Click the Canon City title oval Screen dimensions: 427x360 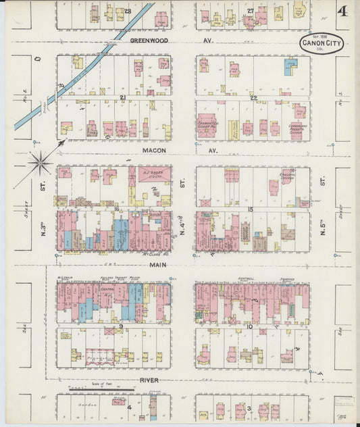tap(322, 45)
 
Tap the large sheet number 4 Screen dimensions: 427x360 tap(343, 11)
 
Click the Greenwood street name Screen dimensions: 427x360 tap(149, 41)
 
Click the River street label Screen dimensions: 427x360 tap(149, 380)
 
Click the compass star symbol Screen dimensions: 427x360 tap(40, 161)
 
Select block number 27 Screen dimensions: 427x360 tap(250, 11)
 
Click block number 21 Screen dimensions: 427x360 tap(123, 98)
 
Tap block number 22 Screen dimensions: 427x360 tap(253, 98)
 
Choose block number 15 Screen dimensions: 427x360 tap(251, 210)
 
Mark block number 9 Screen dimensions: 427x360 tap(121, 326)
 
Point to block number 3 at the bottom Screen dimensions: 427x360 tap(249, 409)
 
